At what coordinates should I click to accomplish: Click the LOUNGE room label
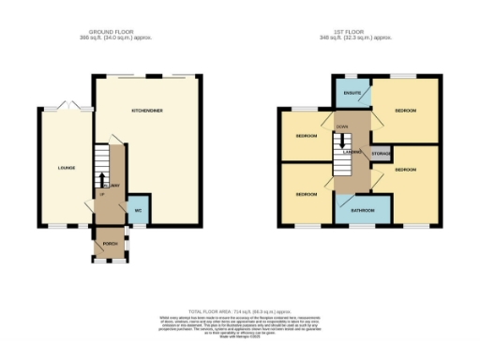[x=66, y=169]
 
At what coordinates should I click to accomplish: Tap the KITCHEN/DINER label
[x=147, y=112]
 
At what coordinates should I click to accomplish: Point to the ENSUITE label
[x=352, y=94]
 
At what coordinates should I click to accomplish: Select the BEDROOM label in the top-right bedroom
[x=405, y=112]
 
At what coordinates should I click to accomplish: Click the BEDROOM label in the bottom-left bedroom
[x=306, y=194]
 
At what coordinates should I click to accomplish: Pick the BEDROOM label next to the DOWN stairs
[x=306, y=136]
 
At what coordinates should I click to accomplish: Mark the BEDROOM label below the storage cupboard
[x=405, y=170]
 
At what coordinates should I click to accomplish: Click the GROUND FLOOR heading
[x=113, y=33]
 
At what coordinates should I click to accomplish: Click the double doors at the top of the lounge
[x=65, y=106]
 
